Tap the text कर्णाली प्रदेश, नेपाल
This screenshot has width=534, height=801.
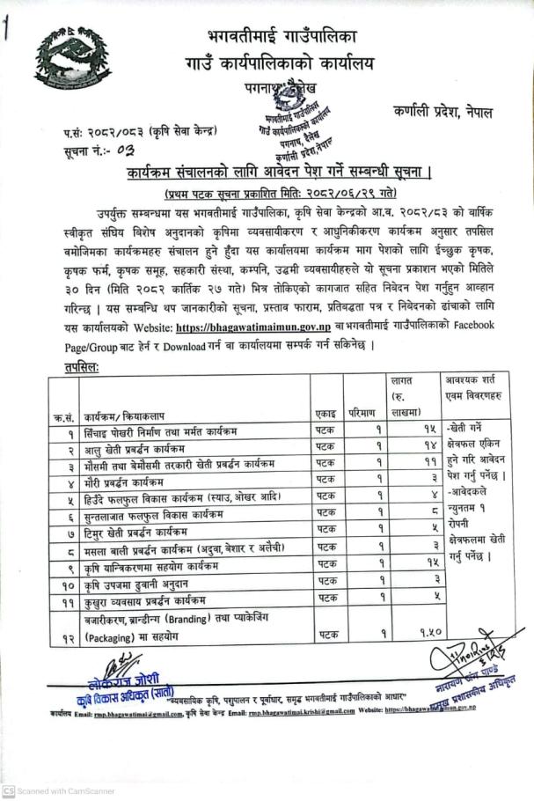coord(443,113)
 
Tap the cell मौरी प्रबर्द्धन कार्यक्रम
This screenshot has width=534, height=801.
coord(124,482)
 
